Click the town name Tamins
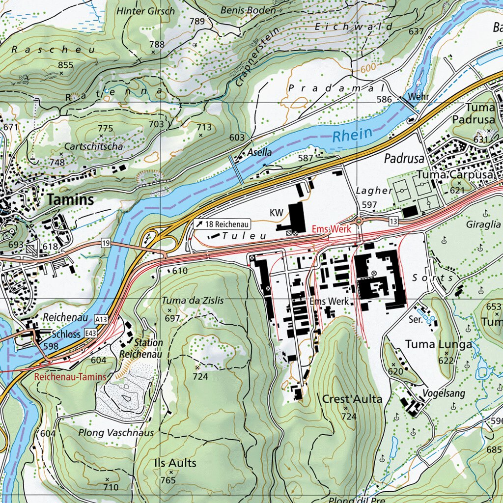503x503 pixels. point(71,200)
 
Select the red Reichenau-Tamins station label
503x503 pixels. point(70,377)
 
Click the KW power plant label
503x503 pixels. point(277,212)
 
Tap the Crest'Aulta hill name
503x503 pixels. point(352,399)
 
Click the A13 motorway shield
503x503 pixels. point(102,319)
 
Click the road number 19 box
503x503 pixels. point(106,243)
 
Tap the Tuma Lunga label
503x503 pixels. point(438,344)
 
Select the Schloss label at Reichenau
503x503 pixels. point(65,335)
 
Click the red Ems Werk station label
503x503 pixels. point(331,229)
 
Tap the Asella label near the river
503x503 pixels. point(259,153)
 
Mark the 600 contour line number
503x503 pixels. point(367,70)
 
